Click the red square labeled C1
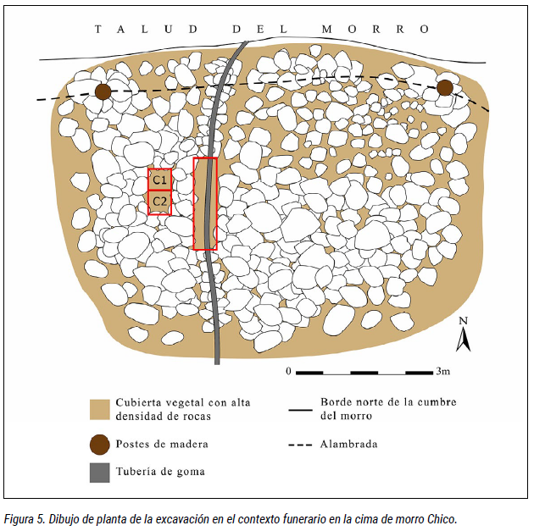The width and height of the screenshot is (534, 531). (159, 180)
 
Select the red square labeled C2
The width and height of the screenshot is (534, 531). (159, 202)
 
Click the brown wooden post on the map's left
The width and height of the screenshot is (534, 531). (103, 91)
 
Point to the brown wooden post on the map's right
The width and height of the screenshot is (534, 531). (445, 88)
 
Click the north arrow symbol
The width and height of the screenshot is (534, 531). (464, 339)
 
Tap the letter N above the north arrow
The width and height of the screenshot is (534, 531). (463, 321)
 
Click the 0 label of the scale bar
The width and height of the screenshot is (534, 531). (288, 371)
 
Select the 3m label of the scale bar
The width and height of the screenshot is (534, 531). (443, 371)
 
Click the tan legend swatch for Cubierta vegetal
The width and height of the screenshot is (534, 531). (100, 410)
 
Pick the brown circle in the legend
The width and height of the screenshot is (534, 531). (100, 445)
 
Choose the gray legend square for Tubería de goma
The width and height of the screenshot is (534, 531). (100, 473)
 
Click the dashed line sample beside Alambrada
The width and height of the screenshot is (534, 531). (300, 445)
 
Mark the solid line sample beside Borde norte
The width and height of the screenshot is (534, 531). (300, 410)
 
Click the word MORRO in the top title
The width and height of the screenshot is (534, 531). (375, 30)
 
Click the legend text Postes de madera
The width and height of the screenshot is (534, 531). (162, 444)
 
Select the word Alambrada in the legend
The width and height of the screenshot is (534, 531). (348, 444)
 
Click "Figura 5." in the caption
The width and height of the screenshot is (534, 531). (24, 519)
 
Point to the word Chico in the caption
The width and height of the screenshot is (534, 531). (442, 519)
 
